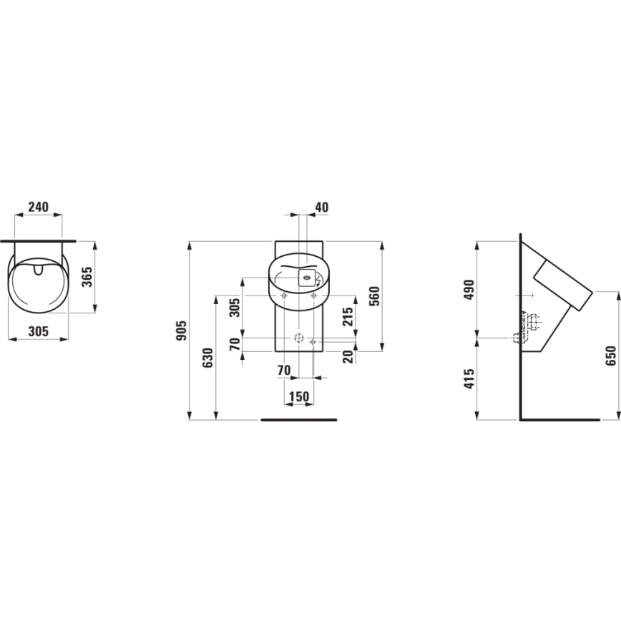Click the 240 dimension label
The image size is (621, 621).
38,207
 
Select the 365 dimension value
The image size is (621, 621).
86,275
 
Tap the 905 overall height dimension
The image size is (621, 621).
182,331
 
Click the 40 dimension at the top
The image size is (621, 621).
321,207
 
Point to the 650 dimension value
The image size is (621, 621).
610,356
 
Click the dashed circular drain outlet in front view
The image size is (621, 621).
299,337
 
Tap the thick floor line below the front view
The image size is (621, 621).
298,420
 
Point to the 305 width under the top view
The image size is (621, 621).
38,331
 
